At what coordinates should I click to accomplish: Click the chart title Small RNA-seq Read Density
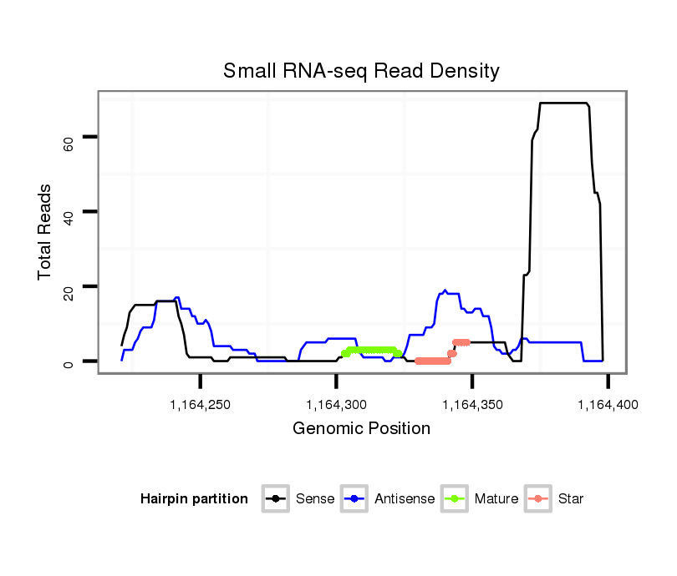click(361, 71)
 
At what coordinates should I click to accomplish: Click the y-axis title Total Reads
click(45, 232)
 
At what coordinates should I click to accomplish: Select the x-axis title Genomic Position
click(361, 429)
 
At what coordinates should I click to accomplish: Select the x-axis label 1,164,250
click(201, 405)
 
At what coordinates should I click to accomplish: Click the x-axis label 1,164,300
click(336, 405)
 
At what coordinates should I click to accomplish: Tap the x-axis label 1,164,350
click(472, 405)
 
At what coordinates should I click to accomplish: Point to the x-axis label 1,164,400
click(608, 405)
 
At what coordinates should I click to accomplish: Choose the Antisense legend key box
click(355, 499)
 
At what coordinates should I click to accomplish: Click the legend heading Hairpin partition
click(194, 499)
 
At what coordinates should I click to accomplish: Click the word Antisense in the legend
click(405, 499)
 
